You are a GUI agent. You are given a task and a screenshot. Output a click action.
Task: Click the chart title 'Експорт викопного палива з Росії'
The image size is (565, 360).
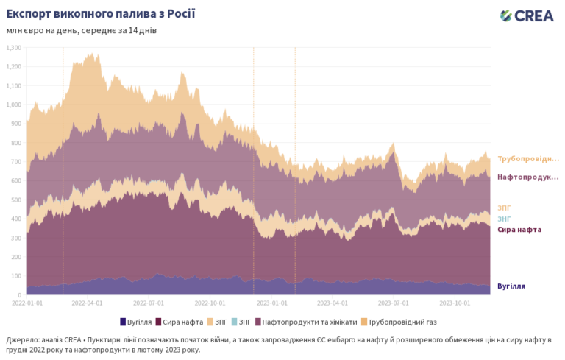tap(101, 14)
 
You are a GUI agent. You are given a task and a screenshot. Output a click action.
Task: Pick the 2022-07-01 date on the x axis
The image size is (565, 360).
tap(149, 302)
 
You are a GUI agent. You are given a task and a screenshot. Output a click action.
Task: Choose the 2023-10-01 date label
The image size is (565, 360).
tap(453, 302)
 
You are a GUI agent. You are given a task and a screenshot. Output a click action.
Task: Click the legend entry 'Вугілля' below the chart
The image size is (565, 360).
tap(139, 322)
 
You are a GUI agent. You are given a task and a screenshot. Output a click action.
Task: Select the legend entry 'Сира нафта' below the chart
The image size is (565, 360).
tap(182, 322)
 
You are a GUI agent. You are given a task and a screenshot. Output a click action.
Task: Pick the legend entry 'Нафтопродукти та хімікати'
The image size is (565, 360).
tap(309, 322)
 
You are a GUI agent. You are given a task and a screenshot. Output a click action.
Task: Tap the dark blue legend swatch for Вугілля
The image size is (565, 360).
tap(122, 322)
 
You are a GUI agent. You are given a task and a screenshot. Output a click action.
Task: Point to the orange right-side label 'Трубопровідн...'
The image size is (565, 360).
tap(528, 159)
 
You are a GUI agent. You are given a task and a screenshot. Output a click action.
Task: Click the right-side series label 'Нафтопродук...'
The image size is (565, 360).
tap(528, 177)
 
